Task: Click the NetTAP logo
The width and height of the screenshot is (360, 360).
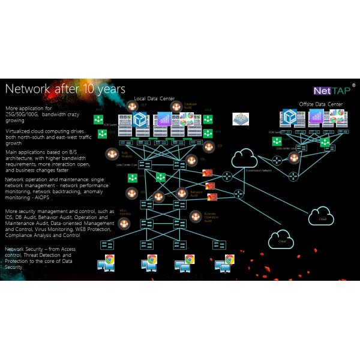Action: (333, 91)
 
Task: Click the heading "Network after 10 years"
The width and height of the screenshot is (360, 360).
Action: (65, 89)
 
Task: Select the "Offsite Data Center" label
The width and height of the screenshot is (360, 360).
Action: (320, 104)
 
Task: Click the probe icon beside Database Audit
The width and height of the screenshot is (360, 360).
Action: (176, 106)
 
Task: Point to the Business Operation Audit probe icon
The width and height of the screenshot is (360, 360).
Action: (194, 216)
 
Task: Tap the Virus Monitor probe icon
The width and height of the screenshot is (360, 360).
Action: (124, 223)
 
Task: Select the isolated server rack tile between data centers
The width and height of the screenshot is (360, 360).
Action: (241, 118)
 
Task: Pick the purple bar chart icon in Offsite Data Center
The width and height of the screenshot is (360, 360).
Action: (316, 118)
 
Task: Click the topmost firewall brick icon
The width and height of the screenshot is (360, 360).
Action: (208, 173)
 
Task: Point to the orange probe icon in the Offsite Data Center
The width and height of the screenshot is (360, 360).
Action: (294, 157)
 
